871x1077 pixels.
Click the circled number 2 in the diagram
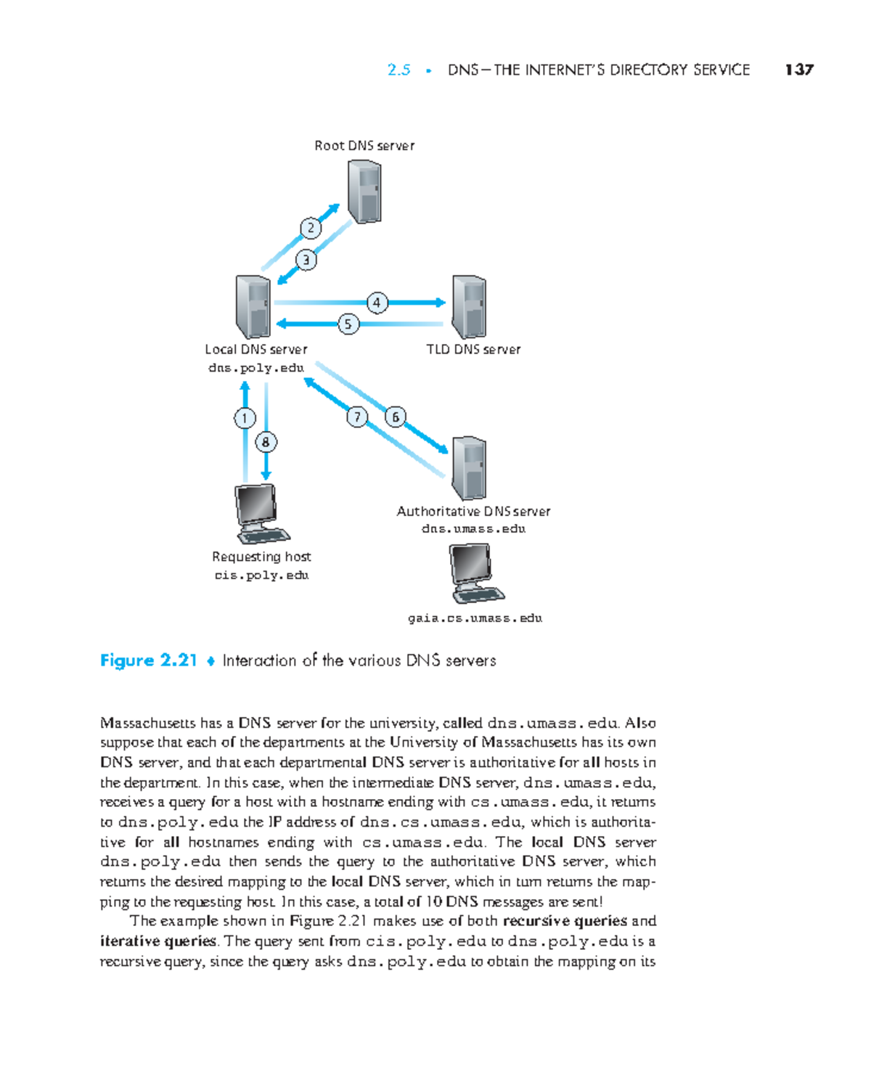point(311,228)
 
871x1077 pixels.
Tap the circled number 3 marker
point(306,260)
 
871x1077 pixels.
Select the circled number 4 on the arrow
point(377,303)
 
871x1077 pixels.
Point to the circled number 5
point(348,324)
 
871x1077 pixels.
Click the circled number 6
point(396,417)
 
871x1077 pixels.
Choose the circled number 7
point(356,417)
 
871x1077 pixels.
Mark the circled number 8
point(266,441)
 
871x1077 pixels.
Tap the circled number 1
point(245,418)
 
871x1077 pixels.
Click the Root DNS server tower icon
point(364,192)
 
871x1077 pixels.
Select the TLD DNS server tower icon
point(469,307)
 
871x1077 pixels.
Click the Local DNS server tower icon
point(253,307)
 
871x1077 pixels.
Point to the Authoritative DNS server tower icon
point(469,468)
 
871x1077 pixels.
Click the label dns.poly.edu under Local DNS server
point(255,368)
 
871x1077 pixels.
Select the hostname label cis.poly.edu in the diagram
point(261,576)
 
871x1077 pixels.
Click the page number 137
point(799,70)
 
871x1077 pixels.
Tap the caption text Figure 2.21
point(149,660)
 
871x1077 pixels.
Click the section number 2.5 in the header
point(398,70)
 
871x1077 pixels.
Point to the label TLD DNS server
point(473,349)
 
